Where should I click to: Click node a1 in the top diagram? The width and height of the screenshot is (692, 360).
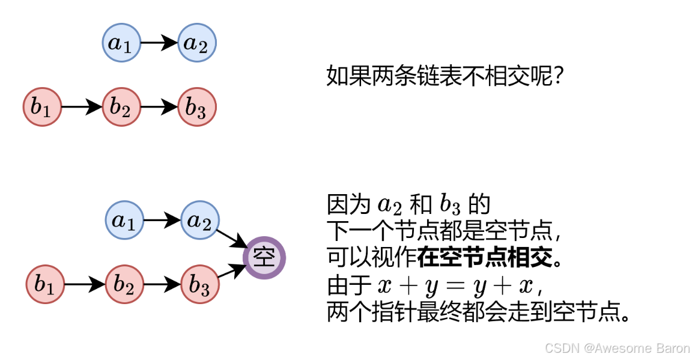pos(122,43)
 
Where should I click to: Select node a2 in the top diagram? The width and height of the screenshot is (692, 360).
pos(197,43)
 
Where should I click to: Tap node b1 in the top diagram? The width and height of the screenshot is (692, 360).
pos(42,108)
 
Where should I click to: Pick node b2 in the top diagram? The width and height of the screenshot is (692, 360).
pos(121,108)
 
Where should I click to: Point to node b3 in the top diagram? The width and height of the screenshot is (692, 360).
pos(197,108)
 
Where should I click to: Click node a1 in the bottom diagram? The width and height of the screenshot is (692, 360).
pos(124,220)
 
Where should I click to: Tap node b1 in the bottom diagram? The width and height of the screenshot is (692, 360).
pos(45,284)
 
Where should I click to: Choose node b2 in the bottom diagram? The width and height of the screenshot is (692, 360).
pos(124,284)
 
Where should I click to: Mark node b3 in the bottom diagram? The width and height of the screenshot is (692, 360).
pos(200,284)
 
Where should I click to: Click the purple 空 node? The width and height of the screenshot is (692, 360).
pos(264,258)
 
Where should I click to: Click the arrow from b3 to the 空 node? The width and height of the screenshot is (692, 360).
pos(230,272)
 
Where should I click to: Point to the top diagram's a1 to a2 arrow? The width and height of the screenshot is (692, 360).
pos(159,43)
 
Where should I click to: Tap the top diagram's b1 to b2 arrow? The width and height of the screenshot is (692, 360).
pos(82,108)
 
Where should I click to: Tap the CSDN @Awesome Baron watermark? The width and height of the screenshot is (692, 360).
pos(616,348)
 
